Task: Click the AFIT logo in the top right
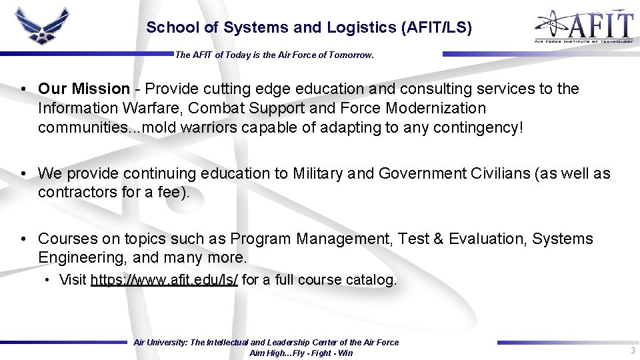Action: tap(583, 26)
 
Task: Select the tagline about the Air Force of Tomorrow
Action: tap(274, 55)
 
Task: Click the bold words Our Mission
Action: tap(84, 89)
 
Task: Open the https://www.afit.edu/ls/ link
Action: tap(164, 280)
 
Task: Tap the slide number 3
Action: tap(632, 351)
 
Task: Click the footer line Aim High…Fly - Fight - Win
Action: tap(301, 353)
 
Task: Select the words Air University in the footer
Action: tap(160, 343)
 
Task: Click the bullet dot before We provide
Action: tap(23, 173)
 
